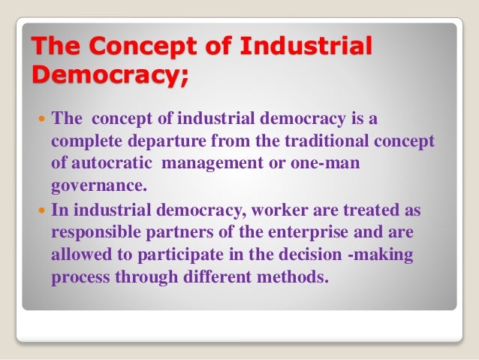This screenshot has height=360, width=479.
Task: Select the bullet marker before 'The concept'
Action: pos(41,120)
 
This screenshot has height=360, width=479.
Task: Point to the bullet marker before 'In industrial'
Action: pos(41,212)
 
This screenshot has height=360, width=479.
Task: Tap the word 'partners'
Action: pos(182,233)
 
